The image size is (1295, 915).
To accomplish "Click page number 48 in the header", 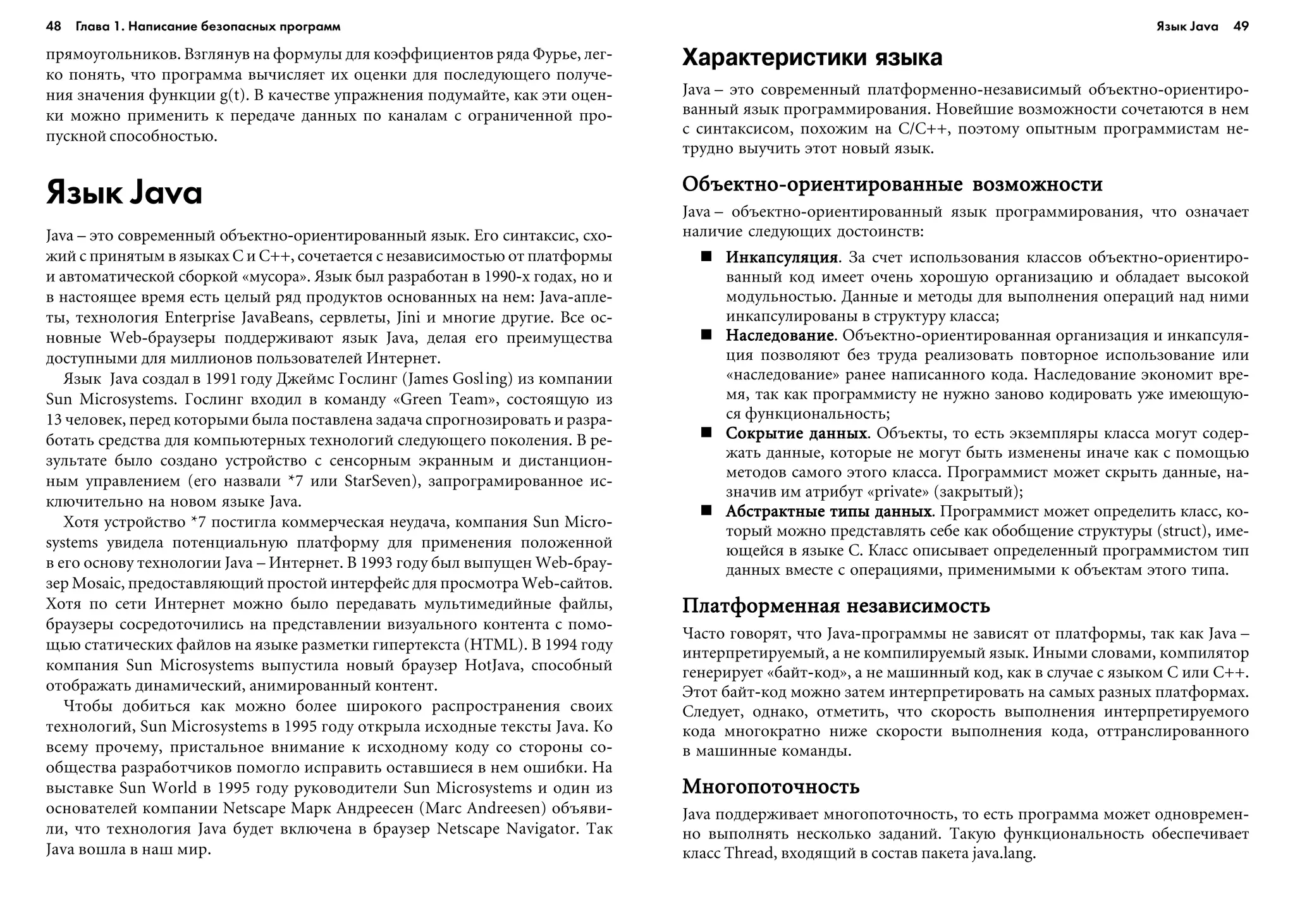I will click(53, 27).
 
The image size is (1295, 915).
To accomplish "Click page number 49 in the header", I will click(1241, 27).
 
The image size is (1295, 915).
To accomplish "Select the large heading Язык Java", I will click(124, 193).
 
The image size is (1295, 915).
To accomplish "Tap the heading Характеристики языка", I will click(812, 58).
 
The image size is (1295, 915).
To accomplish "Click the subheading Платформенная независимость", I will click(836, 606).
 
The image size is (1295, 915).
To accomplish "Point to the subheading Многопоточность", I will click(771, 787).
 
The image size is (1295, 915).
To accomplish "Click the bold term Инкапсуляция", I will click(782, 257).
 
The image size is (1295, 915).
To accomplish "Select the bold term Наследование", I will click(781, 335).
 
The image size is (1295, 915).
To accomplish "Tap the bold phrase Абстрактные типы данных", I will click(829, 511).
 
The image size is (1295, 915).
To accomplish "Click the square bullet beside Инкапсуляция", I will click(706, 257).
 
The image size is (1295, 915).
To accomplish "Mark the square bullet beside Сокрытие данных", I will click(706, 433).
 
